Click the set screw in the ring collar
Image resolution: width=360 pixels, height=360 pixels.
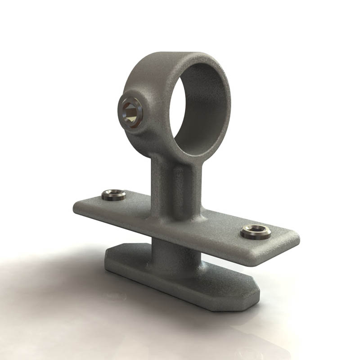(x=131, y=112)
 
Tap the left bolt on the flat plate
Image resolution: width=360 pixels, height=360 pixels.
(x=113, y=195)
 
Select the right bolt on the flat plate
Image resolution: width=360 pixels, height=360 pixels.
(x=256, y=232)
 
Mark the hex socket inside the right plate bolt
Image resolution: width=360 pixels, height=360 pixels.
(x=256, y=231)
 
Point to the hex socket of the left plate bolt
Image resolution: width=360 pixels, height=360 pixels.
(x=113, y=194)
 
